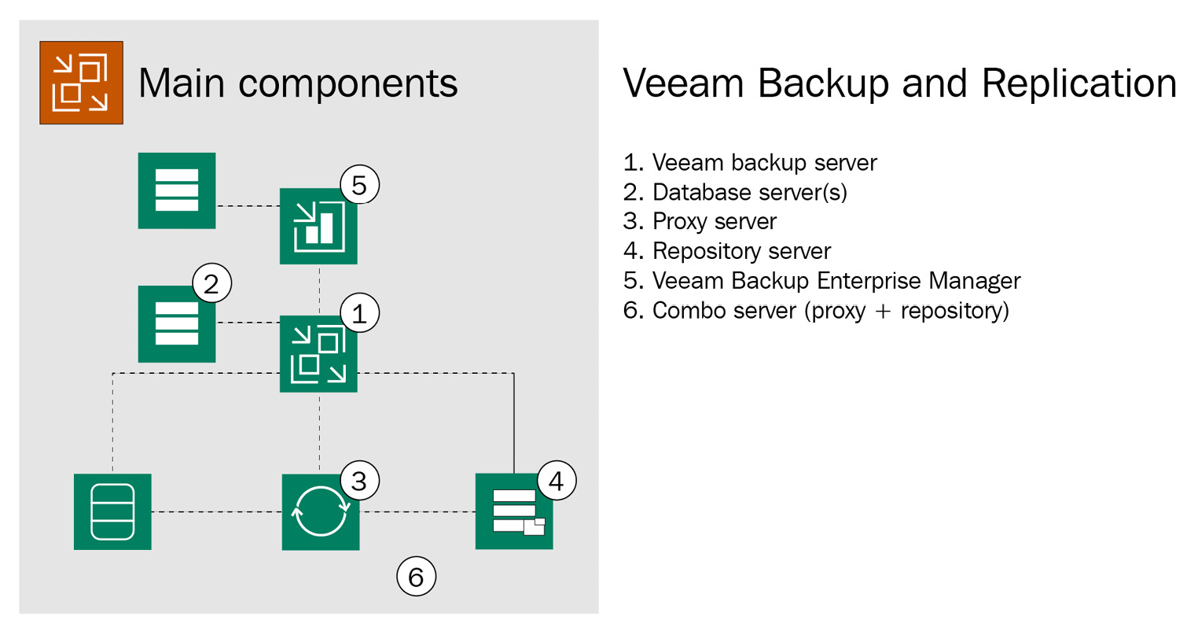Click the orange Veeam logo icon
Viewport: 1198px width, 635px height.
[81, 83]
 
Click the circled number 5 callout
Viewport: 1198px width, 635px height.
[359, 185]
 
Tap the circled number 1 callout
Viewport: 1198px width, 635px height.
[359, 313]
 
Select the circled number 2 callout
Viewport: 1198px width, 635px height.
[211, 283]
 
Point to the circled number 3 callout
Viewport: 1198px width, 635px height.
[359, 480]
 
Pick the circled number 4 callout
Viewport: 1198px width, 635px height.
[557, 480]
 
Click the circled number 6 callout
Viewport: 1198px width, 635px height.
[416, 577]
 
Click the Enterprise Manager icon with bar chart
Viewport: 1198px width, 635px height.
[318, 227]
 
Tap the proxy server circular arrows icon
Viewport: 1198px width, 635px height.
[321, 511]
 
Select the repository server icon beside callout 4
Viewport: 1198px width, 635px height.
[514, 511]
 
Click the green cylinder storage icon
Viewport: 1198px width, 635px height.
[112, 511]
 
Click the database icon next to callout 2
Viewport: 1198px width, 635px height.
[177, 324]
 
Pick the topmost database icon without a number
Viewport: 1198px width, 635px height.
[177, 190]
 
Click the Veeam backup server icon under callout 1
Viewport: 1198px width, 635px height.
[318, 354]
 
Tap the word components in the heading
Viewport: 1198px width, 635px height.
[347, 83]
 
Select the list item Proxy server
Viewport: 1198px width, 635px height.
[714, 222]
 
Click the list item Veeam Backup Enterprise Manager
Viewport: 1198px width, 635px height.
[836, 281]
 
